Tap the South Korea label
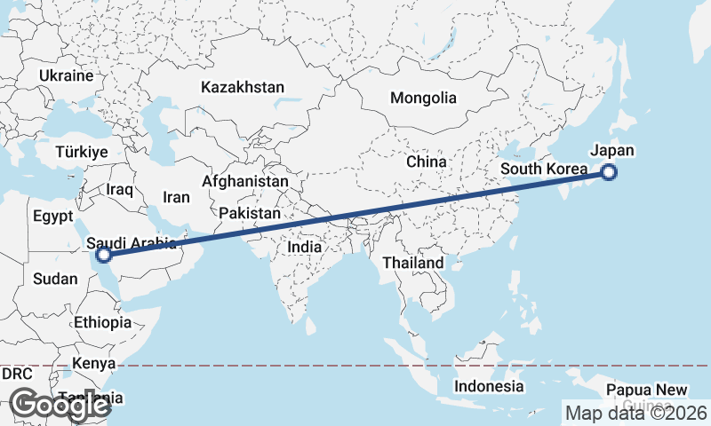point(544,169)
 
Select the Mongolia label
point(423,98)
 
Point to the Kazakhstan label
point(243,87)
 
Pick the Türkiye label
point(81,152)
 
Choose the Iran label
point(176,197)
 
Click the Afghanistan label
point(245,181)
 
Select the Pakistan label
point(250,214)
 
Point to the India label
point(305,247)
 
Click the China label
point(426,162)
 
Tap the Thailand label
point(412,264)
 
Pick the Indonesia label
point(489,386)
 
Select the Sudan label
point(55,279)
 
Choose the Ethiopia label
point(103,322)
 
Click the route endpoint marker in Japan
point(609,173)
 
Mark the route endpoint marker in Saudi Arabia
point(104,256)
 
